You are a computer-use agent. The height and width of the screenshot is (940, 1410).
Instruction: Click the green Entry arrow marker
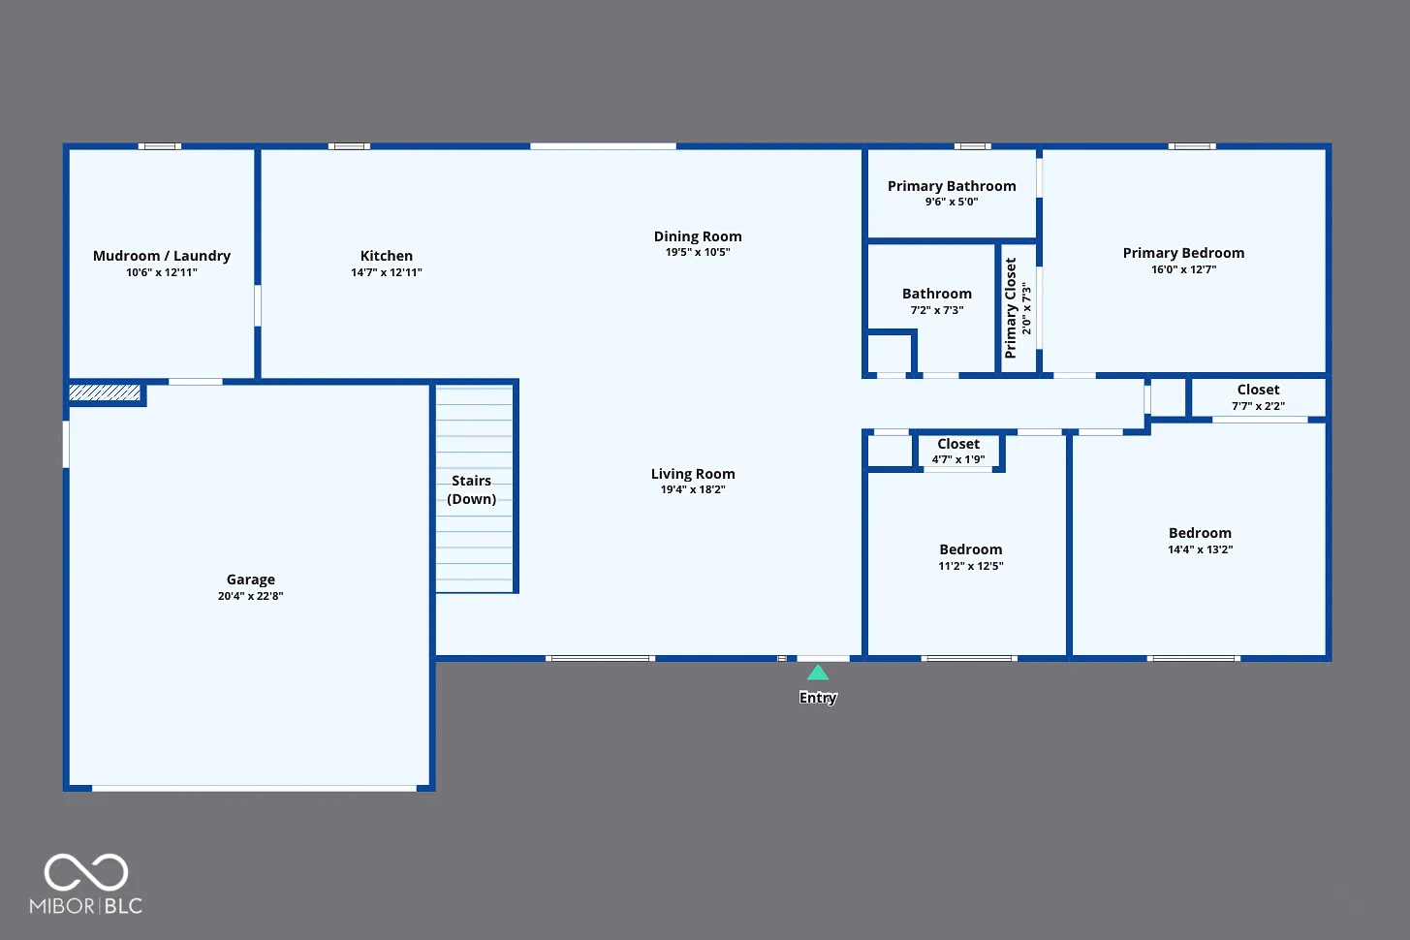point(818,674)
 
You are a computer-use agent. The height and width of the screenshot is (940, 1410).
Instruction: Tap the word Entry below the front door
point(818,698)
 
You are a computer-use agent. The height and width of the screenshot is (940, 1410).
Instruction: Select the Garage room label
point(251,580)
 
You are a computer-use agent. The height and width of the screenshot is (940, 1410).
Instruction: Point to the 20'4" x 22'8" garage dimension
point(251,596)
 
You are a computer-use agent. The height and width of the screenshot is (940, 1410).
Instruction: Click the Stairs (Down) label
point(472,489)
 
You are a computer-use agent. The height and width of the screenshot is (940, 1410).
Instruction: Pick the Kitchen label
point(387,256)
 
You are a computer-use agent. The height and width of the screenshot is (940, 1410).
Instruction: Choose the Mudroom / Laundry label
point(162,256)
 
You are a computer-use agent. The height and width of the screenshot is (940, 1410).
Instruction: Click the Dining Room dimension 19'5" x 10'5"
point(698,252)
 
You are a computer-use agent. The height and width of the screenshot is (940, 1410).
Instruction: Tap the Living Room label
point(693,474)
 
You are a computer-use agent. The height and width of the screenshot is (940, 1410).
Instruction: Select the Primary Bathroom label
point(952,186)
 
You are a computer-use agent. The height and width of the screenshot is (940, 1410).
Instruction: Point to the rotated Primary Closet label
point(1011,308)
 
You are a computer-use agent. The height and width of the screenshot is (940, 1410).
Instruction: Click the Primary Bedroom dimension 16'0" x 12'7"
point(1184,269)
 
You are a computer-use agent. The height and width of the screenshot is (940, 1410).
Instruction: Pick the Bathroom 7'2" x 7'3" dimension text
point(937,310)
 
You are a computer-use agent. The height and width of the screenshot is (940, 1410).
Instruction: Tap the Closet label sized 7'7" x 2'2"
point(1258,390)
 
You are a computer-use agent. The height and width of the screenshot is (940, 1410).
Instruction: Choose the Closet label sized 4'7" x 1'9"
point(958,444)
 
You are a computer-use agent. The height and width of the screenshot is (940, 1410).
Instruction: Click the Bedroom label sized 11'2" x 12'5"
point(971,549)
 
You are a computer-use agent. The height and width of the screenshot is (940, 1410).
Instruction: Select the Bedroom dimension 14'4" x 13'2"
point(1201,549)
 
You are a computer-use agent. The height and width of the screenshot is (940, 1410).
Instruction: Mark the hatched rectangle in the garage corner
point(105,392)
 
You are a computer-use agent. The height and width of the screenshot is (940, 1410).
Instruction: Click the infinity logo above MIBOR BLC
point(86,872)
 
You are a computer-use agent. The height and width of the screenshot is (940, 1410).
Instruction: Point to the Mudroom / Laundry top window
point(160,146)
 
